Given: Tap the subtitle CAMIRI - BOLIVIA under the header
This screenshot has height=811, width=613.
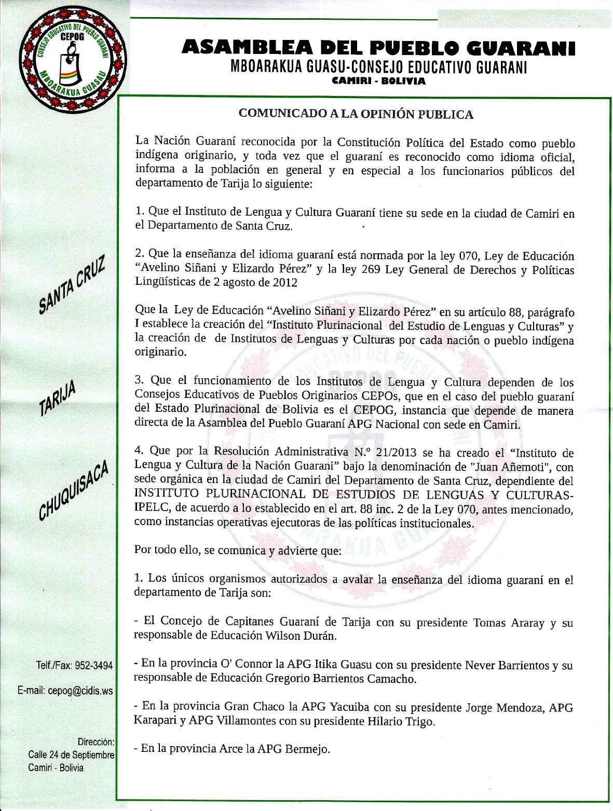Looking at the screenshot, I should [379, 81].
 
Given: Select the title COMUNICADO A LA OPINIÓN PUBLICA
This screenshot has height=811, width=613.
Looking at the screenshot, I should [356, 114].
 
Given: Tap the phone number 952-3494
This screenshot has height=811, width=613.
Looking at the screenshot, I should [94, 666].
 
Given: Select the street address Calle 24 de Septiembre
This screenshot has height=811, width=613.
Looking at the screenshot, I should [71, 755].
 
